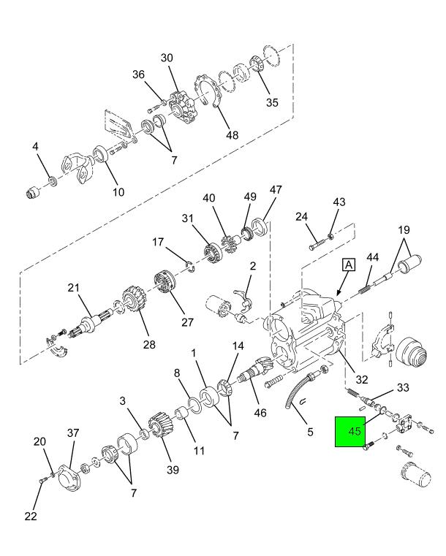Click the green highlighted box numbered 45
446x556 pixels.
pyautogui.click(x=350, y=432)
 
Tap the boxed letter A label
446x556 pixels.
pyautogui.click(x=349, y=265)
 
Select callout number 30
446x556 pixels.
pyautogui.click(x=167, y=58)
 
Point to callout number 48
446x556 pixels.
pyautogui.click(x=233, y=134)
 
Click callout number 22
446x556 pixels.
pyautogui.click(x=31, y=516)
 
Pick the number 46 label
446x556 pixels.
pyautogui.click(x=260, y=413)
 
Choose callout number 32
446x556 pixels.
pyautogui.click(x=362, y=380)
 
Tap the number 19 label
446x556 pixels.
pyautogui.click(x=404, y=230)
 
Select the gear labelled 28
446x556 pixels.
pyautogui.click(x=133, y=300)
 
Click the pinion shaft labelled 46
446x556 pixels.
pyautogui.click(x=255, y=371)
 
